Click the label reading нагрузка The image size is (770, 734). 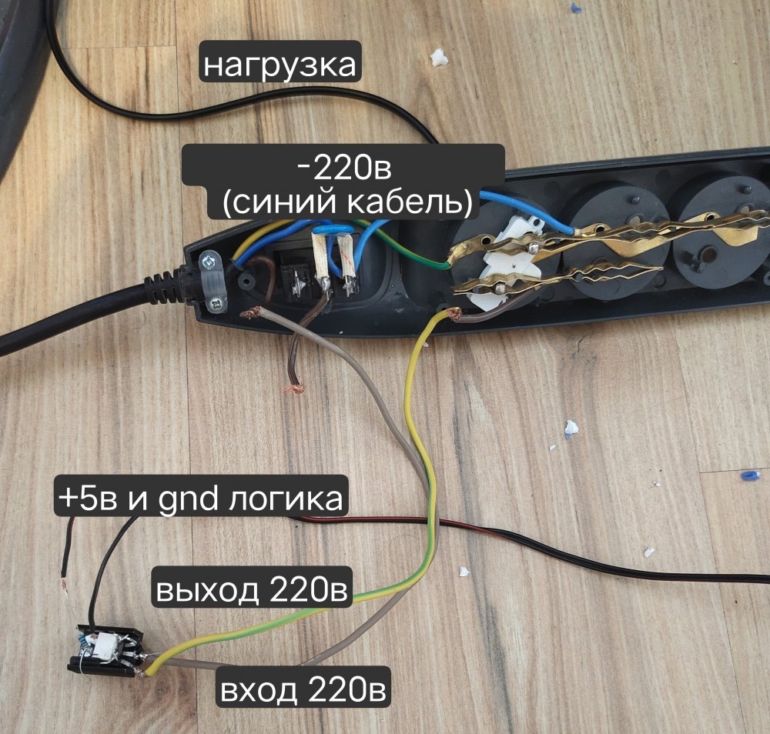click(x=280, y=65)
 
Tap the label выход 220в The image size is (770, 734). click(x=252, y=589)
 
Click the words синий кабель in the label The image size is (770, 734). click(x=347, y=202)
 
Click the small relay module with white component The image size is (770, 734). click(x=106, y=651)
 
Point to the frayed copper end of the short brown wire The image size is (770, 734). click(x=293, y=389)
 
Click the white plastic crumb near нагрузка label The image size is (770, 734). click(x=439, y=58)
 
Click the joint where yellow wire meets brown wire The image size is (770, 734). click(x=454, y=315)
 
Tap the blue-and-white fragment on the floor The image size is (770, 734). click(x=571, y=428)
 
